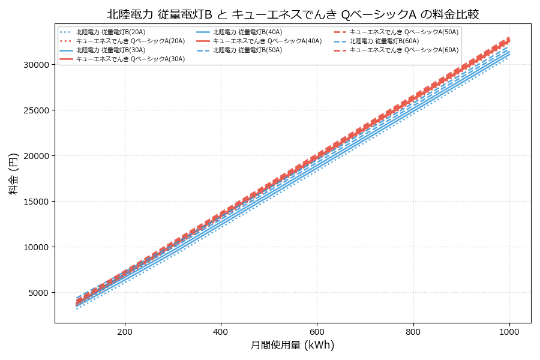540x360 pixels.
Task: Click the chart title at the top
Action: click(293, 14)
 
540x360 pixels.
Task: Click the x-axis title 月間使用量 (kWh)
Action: click(293, 345)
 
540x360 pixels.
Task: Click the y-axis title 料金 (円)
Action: click(13, 173)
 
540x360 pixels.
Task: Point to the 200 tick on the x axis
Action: click(125, 331)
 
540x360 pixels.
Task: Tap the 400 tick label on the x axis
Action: click(221, 331)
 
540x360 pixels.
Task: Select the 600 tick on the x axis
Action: click(317, 331)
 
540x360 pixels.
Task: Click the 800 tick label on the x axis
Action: click(413, 331)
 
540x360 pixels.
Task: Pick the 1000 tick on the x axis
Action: click(509, 331)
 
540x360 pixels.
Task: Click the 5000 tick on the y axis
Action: click(37, 293)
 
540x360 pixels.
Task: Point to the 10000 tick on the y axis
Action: click(35, 247)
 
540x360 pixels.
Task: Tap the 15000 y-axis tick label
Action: click(35, 202)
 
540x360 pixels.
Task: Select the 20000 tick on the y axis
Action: click(35, 156)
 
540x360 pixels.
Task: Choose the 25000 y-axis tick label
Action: click(35, 110)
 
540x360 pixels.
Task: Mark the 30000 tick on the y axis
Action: click(35, 65)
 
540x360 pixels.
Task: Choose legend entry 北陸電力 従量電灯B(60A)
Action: click(384, 41)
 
